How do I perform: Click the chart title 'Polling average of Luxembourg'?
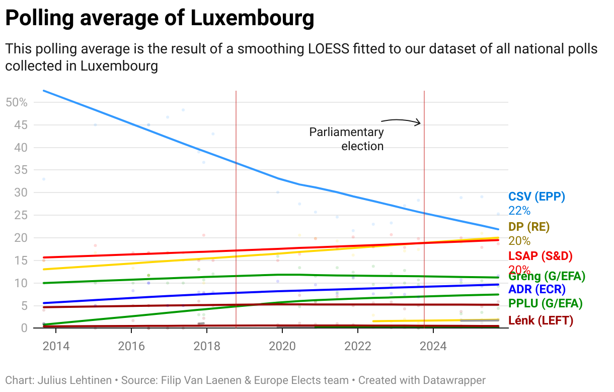(160, 19)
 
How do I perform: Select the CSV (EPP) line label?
(537, 197)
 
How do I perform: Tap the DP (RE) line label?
(529, 226)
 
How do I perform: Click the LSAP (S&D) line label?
(541, 256)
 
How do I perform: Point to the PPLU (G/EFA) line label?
(546, 303)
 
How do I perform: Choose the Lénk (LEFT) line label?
(541, 320)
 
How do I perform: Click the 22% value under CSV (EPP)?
(519, 211)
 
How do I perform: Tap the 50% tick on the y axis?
(16, 102)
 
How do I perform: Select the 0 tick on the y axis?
(23, 328)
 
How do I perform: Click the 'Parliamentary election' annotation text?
(347, 139)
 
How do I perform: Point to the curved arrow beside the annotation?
(401, 121)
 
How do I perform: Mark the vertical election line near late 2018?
(236, 202)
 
